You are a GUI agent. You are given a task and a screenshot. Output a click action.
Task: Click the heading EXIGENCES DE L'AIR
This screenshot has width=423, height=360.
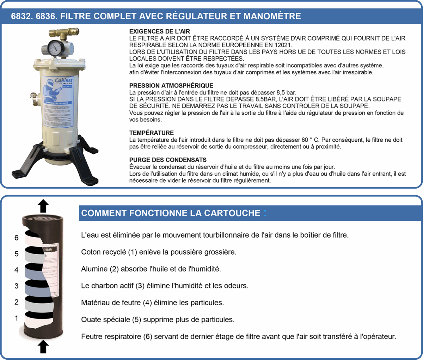coord(160,31)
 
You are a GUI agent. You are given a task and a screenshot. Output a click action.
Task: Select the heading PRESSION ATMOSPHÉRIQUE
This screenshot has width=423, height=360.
coord(171,85)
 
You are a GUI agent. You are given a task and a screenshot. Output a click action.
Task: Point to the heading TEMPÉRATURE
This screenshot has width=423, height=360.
coord(151,133)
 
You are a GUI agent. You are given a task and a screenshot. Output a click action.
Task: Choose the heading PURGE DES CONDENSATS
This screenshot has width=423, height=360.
coord(168,160)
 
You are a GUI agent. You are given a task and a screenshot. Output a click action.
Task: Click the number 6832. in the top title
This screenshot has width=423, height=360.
coord(22,16)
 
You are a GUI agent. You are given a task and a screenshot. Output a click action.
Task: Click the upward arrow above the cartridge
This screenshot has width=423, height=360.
coord(43,205)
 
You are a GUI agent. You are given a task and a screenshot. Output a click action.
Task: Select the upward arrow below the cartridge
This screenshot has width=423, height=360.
coord(43,346)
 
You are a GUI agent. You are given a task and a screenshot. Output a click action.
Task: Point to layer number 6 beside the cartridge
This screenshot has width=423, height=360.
coord(16,238)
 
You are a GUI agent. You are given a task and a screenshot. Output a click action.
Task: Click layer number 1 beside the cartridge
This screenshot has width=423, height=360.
coord(16,318)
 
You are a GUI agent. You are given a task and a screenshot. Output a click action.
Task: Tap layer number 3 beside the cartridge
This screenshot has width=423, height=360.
coord(16,286)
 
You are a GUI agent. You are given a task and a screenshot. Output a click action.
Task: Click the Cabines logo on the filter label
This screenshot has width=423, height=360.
coord(63,81)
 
